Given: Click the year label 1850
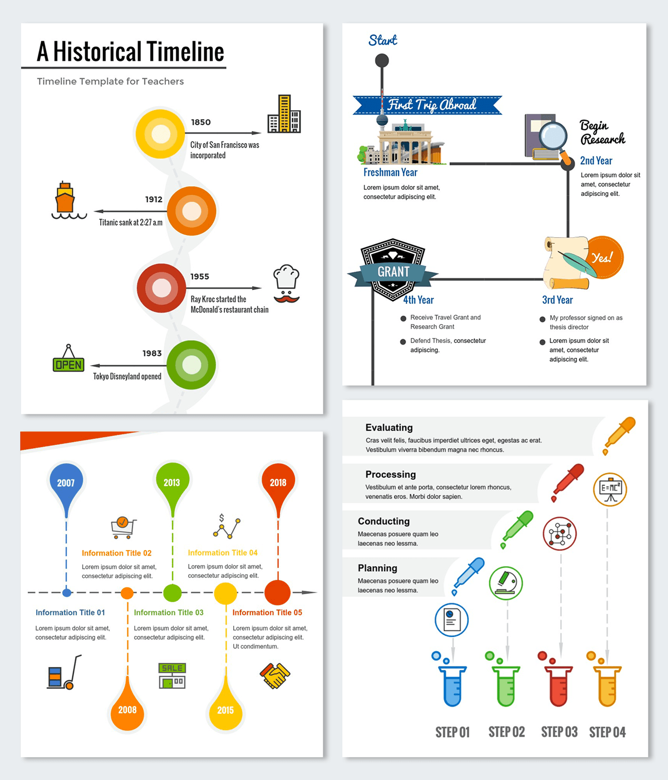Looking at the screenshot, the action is click(x=201, y=122).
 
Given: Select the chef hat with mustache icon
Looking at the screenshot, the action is click(x=287, y=284).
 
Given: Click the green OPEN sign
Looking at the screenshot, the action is click(x=68, y=358).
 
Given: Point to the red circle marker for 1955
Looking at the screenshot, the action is click(x=161, y=288).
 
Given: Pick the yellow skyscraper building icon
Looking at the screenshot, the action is click(x=284, y=114).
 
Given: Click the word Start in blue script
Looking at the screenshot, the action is click(x=382, y=40).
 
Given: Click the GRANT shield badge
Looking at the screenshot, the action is click(x=392, y=270).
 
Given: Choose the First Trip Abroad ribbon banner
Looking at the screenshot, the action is click(x=427, y=105).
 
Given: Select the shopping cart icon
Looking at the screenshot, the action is click(x=124, y=528).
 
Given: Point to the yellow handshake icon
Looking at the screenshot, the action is click(x=275, y=676).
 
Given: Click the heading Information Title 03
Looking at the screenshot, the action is click(x=169, y=612).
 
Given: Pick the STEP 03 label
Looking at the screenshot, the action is click(x=559, y=732).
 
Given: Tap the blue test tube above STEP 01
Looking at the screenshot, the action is click(x=452, y=686).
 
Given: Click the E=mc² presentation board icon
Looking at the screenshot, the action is click(x=610, y=489).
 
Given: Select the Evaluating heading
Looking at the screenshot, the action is click(x=389, y=428).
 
